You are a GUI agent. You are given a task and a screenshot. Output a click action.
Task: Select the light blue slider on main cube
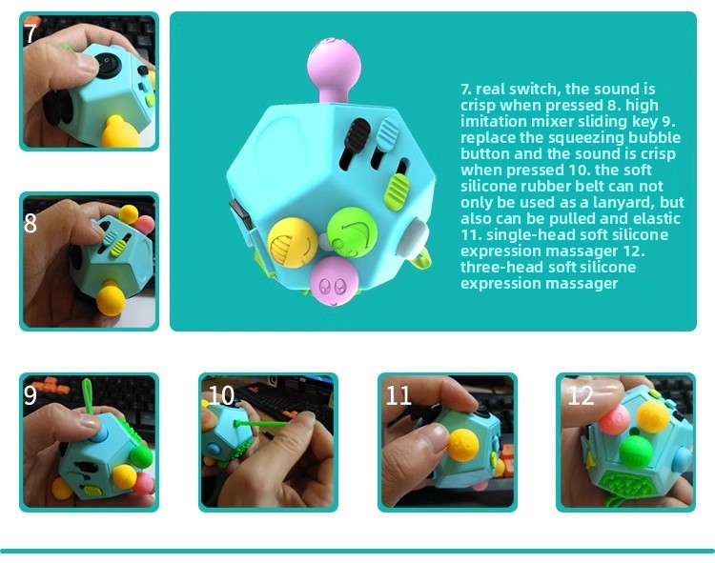pos(388,134)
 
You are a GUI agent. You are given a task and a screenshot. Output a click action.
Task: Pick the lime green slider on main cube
pos(398,191)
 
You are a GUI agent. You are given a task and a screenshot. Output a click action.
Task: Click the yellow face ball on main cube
pos(293,240)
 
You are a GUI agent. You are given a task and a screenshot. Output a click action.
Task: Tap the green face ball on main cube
pos(352,232)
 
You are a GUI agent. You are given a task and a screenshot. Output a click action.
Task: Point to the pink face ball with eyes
pos(335,281)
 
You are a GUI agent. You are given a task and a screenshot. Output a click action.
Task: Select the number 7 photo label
pos(31,33)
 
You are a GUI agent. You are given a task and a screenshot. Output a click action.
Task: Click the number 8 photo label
pos(31,223)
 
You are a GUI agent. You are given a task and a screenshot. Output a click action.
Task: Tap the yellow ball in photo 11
pos(462,445)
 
